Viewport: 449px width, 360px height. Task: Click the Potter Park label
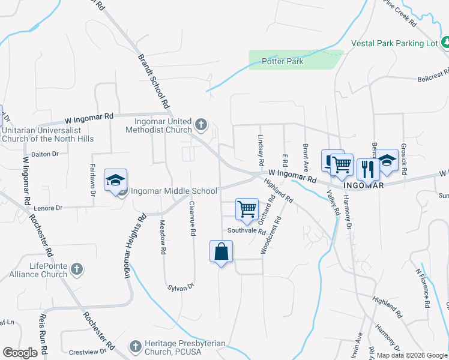click(282, 61)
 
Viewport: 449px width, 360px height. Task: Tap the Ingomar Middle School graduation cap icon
click(115, 180)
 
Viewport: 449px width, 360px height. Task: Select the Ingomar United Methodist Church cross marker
click(200, 125)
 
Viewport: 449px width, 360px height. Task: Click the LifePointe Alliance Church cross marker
click(77, 269)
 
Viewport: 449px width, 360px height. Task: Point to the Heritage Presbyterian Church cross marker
click(136, 347)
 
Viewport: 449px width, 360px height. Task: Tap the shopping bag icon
click(221, 251)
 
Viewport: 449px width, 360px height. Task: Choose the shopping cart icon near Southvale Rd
click(247, 209)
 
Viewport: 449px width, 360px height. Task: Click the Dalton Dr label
click(44, 154)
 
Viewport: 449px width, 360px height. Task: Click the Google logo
click(20, 353)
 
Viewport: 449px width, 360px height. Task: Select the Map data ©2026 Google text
click(412, 355)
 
